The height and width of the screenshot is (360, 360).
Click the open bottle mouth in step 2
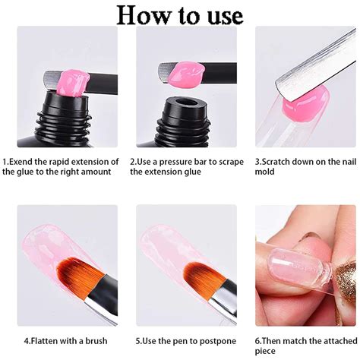pyautogui.click(x=187, y=104)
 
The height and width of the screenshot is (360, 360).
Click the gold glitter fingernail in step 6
pyautogui.click(x=346, y=282)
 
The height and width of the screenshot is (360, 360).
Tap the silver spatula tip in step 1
pyautogui.click(x=52, y=80)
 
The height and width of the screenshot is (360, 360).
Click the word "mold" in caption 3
pyautogui.click(x=264, y=172)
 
